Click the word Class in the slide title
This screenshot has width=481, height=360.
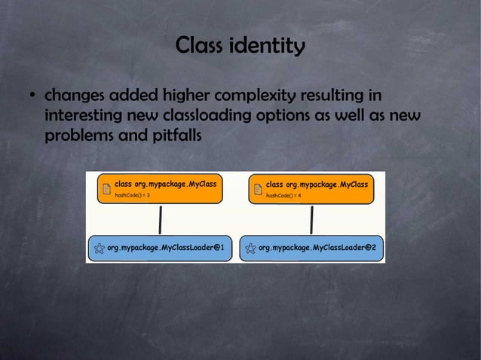(198, 47)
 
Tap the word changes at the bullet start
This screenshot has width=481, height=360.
(75, 98)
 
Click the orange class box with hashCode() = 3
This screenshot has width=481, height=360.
(160, 188)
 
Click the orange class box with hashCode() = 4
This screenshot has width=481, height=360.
(311, 188)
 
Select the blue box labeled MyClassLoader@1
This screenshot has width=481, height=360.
(160, 247)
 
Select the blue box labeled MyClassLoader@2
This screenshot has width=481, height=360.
(311, 247)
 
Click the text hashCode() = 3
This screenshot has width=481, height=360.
(132, 195)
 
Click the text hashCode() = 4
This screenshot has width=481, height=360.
(283, 195)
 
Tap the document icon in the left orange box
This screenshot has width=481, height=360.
(106, 188)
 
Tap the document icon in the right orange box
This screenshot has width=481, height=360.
(257, 188)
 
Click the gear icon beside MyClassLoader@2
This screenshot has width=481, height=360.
(250, 247)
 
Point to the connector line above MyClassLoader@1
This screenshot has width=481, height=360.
(160, 219)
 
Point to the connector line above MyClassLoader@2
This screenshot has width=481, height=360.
(311, 219)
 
